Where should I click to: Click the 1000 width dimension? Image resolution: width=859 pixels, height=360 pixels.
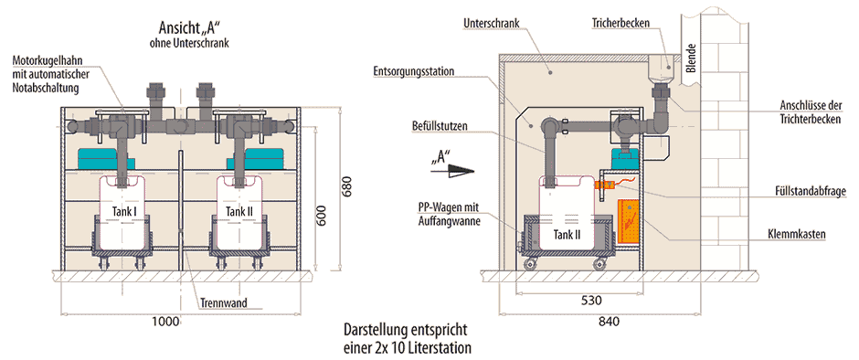(170, 321)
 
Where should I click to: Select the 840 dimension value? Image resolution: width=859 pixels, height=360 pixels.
(610, 322)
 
